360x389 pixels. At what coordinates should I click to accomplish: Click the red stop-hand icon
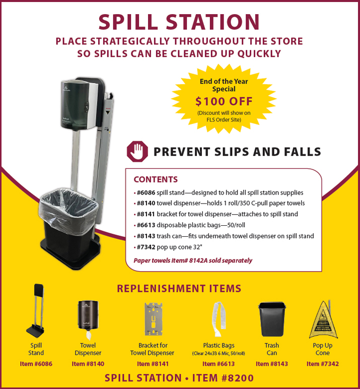tap(137, 152)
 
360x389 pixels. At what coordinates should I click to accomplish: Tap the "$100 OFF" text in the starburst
tap(224, 101)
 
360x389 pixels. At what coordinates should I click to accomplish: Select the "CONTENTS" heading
tap(156, 179)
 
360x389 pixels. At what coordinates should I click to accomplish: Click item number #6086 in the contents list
tap(146, 192)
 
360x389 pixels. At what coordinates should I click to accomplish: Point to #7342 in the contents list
tap(146, 247)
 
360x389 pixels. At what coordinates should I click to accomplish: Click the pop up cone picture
tap(323, 319)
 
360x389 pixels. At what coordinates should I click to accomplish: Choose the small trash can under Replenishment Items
tap(272, 319)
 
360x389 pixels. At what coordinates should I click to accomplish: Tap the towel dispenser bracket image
tap(154, 319)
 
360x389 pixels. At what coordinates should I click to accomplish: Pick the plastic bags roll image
tap(219, 319)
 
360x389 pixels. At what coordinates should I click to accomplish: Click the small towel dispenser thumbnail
tap(88, 319)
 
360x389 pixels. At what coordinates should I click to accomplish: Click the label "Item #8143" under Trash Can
tap(272, 364)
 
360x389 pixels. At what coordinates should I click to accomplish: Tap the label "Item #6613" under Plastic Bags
tap(219, 364)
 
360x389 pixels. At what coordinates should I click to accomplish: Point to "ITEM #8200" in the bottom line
tap(223, 378)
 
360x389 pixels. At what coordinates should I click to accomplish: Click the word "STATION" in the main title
tap(212, 22)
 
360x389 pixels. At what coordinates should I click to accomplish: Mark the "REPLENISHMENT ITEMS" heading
tap(179, 289)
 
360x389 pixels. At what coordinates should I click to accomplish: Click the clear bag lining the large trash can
tap(68, 211)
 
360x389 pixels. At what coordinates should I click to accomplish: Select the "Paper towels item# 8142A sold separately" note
tap(193, 261)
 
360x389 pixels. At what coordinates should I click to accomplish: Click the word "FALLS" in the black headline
tap(303, 152)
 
